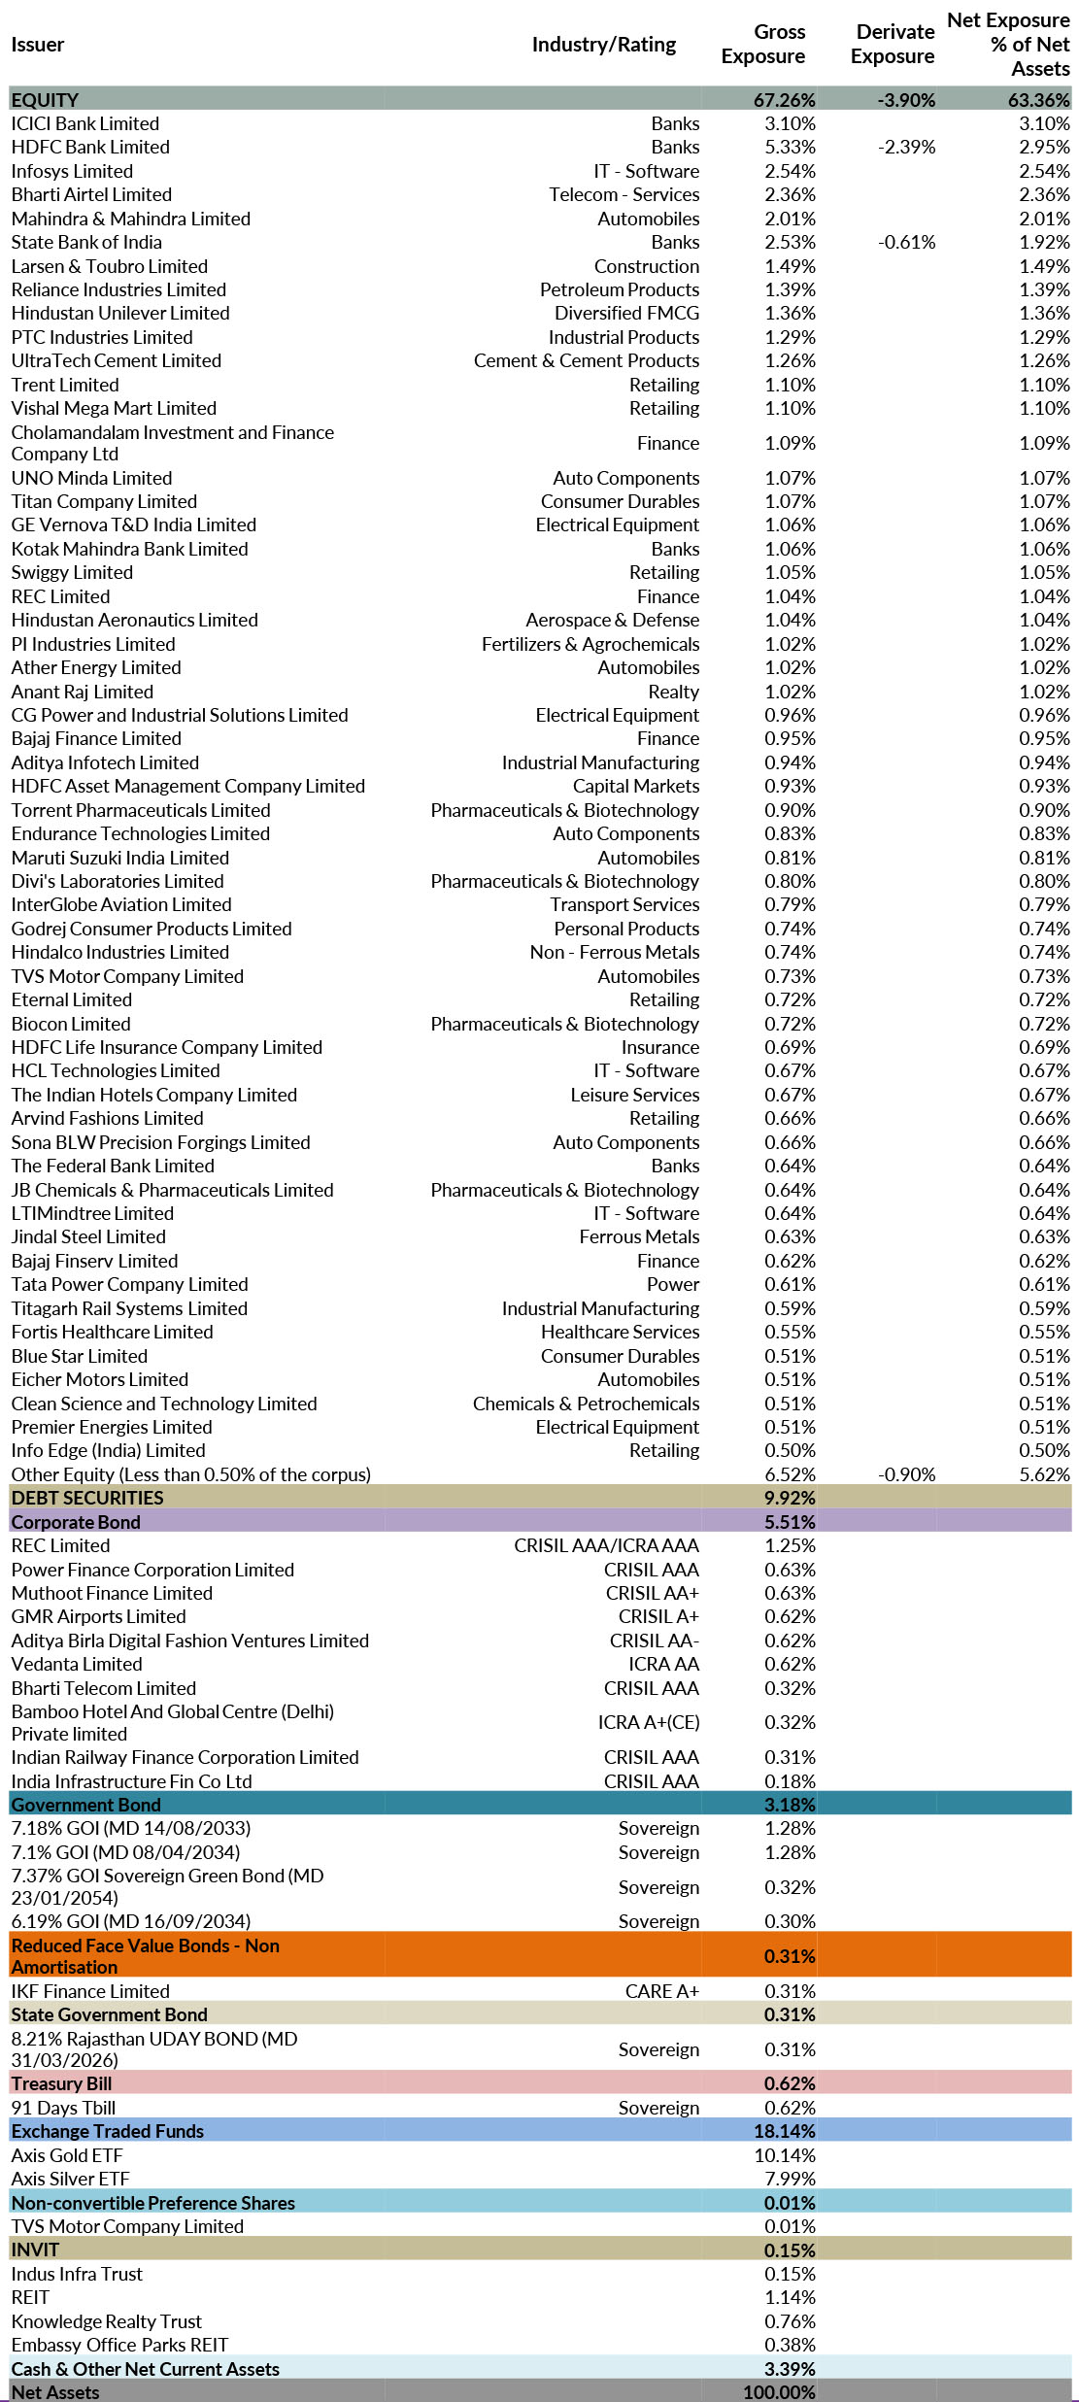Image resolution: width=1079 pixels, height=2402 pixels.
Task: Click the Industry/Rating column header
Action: tap(603, 45)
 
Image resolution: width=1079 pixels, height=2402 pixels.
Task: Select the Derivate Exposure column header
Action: tap(893, 45)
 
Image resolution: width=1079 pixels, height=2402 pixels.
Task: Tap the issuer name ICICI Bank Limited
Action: tap(85, 123)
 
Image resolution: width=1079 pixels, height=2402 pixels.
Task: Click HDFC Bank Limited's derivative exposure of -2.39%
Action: tap(906, 148)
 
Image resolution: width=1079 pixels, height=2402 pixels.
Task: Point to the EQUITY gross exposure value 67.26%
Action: tap(784, 100)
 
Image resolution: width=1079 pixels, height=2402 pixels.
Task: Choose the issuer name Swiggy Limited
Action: tap(72, 573)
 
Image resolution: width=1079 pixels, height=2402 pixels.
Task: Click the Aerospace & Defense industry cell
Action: tap(612, 621)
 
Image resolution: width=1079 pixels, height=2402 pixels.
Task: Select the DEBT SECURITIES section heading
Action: tap(87, 1498)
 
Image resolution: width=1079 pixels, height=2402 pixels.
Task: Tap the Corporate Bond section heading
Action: tap(76, 1522)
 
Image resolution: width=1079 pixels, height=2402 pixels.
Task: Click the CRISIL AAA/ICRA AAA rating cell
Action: tap(606, 1545)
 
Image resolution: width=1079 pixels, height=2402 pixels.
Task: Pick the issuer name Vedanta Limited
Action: tap(77, 1664)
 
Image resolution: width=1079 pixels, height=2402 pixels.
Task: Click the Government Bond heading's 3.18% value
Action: tap(790, 1805)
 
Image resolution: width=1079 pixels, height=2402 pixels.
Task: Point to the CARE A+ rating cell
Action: tap(661, 1991)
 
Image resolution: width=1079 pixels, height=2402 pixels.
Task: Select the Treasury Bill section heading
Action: tap(61, 2083)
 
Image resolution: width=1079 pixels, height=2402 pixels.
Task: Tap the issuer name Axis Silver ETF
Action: tap(70, 2179)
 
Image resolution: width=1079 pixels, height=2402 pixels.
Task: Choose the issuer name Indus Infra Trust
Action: tap(77, 2274)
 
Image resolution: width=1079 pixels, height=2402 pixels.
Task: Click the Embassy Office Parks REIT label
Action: tap(119, 2345)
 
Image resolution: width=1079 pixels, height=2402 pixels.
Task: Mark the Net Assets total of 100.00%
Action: tap(779, 2392)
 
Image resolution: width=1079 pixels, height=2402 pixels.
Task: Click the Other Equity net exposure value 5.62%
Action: tap(1044, 1474)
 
